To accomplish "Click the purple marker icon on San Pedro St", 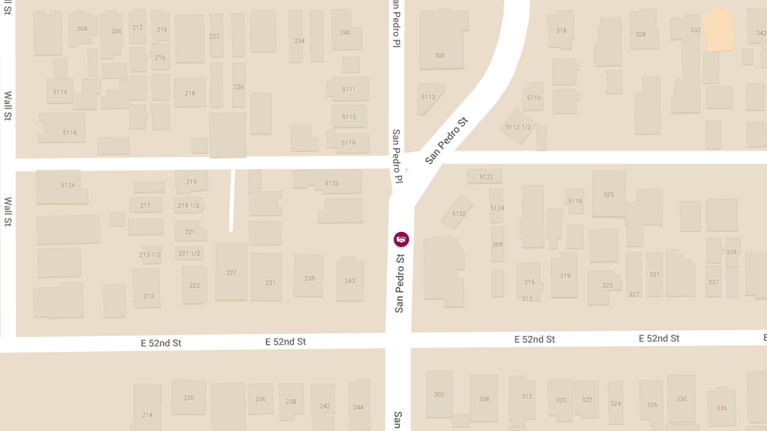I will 401,239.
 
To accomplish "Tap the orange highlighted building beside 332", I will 718,30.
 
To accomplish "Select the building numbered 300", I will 440,56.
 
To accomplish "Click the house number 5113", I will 428,97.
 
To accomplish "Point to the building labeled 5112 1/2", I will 518,127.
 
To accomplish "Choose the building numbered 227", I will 231,273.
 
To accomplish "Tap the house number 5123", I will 332,183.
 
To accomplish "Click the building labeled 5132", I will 458,214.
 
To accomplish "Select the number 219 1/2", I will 189,206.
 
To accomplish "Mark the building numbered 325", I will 608,195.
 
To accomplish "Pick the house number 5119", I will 348,143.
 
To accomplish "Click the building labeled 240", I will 345,33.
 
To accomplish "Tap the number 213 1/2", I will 150,255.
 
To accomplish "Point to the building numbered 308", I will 484,399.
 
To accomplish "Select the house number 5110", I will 533,98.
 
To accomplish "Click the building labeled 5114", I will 60,92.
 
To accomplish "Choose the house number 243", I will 350,281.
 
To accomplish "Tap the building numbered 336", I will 722,408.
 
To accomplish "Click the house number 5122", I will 486,177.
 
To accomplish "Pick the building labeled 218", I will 190,93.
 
